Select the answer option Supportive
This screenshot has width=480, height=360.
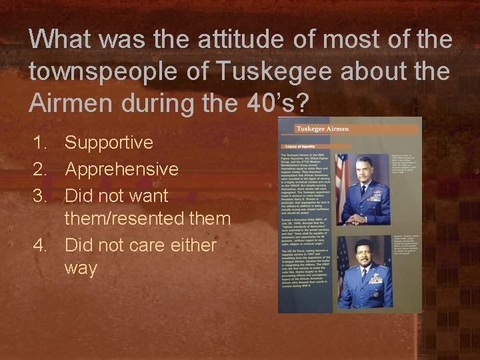click(x=109, y=142)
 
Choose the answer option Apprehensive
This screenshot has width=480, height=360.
click(x=121, y=169)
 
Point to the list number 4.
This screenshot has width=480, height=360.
click(x=39, y=245)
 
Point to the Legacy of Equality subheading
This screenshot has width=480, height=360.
click(x=300, y=146)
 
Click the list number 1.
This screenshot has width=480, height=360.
click(x=39, y=142)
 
